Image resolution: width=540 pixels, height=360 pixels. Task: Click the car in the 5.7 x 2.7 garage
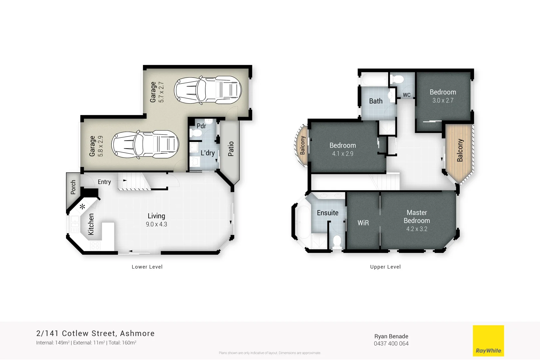coord(208,90)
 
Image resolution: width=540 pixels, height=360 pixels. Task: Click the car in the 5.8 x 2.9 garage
coord(145,144)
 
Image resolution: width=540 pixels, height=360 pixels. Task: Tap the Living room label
coord(156,216)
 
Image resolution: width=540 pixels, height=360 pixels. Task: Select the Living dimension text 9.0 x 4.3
coord(156,224)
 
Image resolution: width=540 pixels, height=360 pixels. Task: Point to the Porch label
coord(73,187)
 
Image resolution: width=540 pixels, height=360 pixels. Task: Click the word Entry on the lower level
coord(104,182)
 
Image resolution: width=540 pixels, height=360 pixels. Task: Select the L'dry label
coord(207,153)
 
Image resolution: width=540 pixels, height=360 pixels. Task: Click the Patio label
coord(231,149)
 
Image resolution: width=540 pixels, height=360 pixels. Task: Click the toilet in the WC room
coord(397,79)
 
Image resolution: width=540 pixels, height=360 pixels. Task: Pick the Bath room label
coord(376,101)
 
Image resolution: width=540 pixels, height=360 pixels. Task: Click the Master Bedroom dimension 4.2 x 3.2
coord(417,229)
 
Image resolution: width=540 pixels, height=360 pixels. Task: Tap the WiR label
coord(363,223)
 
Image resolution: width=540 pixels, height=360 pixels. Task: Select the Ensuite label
coord(327,213)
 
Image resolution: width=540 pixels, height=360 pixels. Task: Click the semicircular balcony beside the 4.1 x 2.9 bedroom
coord(301,145)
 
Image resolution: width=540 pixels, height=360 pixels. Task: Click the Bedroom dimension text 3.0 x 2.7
coord(443,100)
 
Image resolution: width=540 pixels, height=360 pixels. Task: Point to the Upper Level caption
coord(385,267)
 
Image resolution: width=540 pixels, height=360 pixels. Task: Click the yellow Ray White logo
coord(488,341)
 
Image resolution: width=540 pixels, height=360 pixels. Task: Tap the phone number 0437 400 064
coord(391,344)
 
